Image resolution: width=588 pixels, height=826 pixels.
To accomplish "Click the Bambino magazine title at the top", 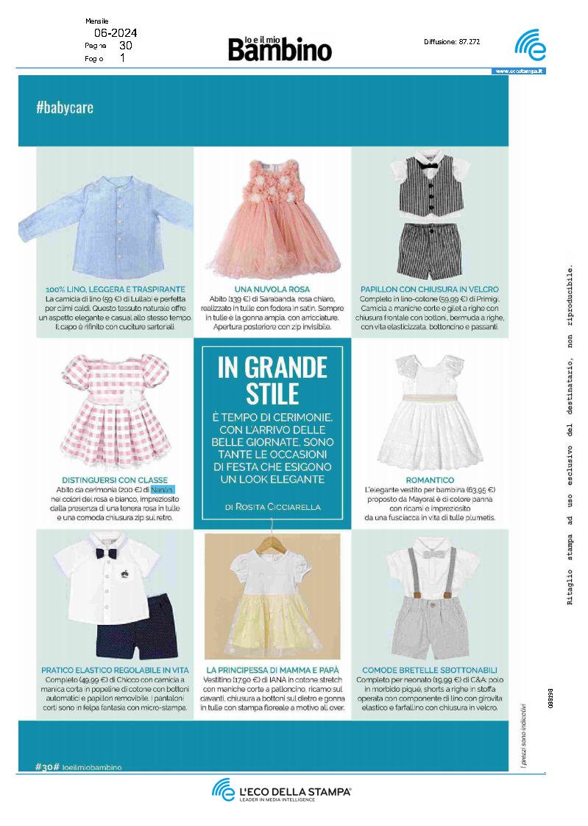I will [x=280, y=49].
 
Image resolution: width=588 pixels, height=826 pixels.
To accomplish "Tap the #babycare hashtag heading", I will [x=65, y=108].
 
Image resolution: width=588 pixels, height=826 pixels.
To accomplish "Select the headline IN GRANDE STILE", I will [x=272, y=379].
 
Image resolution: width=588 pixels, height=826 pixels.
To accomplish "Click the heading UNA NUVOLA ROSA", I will [x=272, y=290].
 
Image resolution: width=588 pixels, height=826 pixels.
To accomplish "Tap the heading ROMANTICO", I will [x=429, y=478].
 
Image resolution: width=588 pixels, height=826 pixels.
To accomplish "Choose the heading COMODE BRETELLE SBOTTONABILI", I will [x=430, y=670].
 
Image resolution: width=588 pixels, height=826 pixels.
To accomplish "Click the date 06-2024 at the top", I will [x=116, y=33].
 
